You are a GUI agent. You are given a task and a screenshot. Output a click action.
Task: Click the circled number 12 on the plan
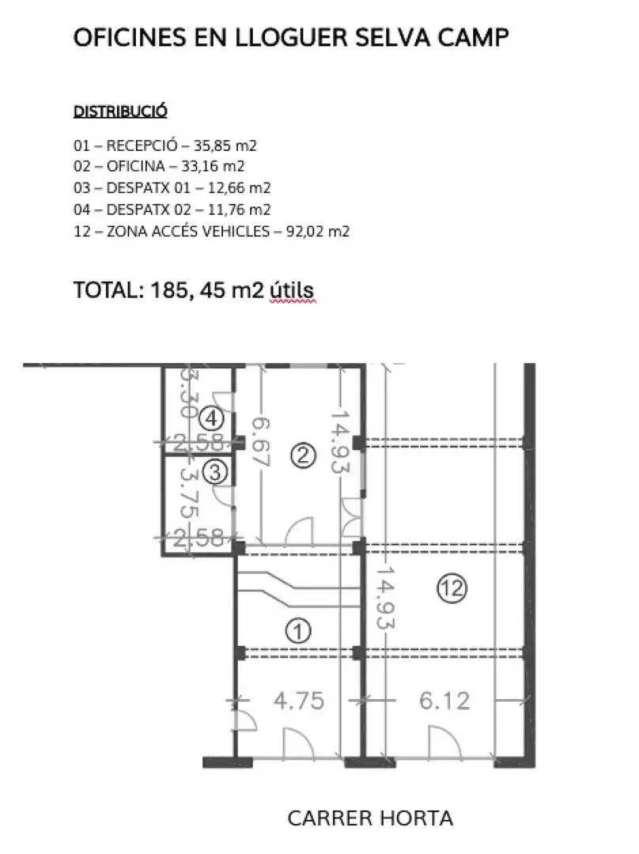(x=452, y=589)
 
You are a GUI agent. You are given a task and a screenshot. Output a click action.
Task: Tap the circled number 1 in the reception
(x=298, y=631)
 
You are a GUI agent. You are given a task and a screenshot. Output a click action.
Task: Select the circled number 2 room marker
(x=304, y=455)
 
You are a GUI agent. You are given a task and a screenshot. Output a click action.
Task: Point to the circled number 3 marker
(x=214, y=471)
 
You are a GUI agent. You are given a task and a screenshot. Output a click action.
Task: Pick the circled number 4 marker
(x=211, y=419)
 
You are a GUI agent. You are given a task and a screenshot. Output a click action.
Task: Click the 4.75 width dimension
(x=298, y=701)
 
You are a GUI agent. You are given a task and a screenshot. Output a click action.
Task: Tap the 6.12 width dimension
(x=444, y=701)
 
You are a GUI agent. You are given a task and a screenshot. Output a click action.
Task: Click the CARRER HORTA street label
(x=370, y=818)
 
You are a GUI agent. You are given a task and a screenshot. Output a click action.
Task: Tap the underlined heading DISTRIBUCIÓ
(x=120, y=111)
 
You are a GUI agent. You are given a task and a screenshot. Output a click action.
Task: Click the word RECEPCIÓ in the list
(x=142, y=145)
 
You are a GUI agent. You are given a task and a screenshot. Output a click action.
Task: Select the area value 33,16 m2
(x=213, y=166)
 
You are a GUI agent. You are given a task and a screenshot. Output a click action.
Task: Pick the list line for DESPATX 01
(x=172, y=188)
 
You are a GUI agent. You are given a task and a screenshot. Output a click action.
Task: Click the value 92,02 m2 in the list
(x=318, y=232)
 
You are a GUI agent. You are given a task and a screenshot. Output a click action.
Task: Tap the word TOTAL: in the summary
(x=108, y=289)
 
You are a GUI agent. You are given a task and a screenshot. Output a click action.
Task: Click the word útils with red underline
(x=292, y=289)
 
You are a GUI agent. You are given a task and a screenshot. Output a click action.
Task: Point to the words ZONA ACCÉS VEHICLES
(x=188, y=232)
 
